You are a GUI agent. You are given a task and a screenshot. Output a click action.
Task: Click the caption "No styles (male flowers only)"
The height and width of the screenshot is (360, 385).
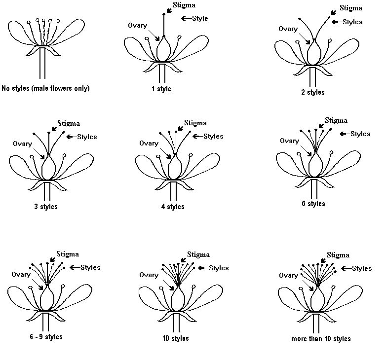point(46,89)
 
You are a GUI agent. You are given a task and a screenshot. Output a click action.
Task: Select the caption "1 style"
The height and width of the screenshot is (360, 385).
point(161,89)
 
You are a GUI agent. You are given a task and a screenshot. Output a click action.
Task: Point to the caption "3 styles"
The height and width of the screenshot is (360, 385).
point(44,207)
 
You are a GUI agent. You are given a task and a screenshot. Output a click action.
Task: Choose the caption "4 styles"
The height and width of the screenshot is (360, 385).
point(173,207)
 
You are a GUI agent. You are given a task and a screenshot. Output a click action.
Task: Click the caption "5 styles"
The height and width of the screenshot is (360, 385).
point(312,204)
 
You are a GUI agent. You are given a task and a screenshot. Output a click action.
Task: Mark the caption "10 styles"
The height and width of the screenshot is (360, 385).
point(175,338)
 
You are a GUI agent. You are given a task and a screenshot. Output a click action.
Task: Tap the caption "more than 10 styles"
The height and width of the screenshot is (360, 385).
point(321,339)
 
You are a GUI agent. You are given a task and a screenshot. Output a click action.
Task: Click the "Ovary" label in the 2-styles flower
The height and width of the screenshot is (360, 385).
point(288,29)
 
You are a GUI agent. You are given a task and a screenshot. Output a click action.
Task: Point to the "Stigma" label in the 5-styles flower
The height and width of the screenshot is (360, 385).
point(336,120)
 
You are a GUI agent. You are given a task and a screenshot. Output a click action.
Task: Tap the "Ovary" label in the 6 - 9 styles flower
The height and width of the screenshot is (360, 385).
point(21,274)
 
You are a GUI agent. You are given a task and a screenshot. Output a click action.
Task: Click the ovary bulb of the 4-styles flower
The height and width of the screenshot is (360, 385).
point(174,168)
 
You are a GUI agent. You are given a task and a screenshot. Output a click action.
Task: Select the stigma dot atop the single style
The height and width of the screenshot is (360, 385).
point(164,15)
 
